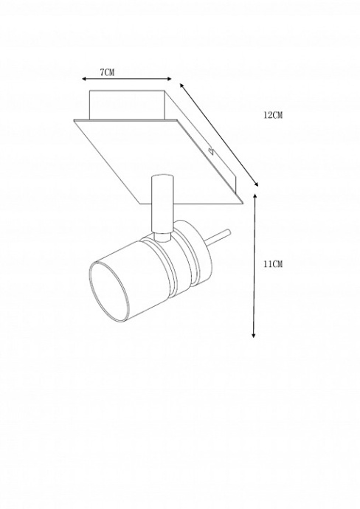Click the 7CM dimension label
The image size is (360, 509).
pos(107,72)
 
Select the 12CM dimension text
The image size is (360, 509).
pos(273,116)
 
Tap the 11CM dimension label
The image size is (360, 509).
pos(273,264)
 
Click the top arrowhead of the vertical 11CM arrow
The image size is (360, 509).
pos(255,197)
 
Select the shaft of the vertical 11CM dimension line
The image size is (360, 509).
pos(255,266)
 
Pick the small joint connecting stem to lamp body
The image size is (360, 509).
pos(163,235)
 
